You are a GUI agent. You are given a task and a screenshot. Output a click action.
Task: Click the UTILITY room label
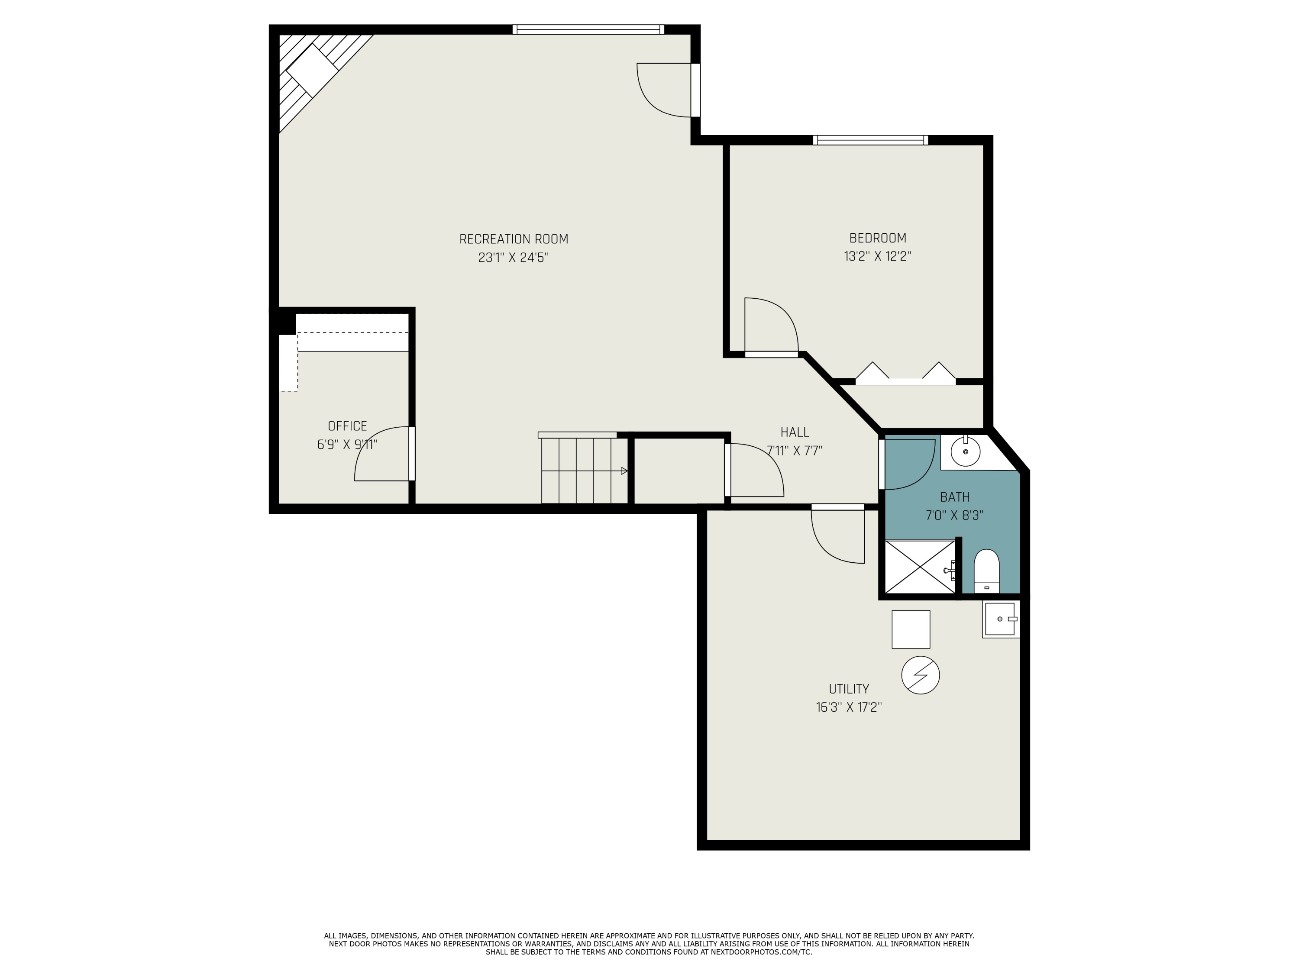coord(849,689)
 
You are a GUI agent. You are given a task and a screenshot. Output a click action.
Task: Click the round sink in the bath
coord(965,452)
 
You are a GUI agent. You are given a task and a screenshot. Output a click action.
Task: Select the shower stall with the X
coord(920,567)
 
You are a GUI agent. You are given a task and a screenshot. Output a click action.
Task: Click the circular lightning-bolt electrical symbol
coord(920,675)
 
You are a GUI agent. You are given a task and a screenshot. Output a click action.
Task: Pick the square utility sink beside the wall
coord(1000,619)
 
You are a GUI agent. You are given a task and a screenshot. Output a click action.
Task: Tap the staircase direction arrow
coord(624,471)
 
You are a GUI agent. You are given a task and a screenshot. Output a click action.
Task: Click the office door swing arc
coord(376,458)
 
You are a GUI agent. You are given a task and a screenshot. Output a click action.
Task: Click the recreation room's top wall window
coord(588,29)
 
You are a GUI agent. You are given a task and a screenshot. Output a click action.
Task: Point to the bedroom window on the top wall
coord(870,140)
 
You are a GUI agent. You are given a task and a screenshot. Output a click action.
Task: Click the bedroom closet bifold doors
coord(905,376)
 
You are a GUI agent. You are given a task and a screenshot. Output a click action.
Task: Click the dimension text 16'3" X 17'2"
coord(849,707)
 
